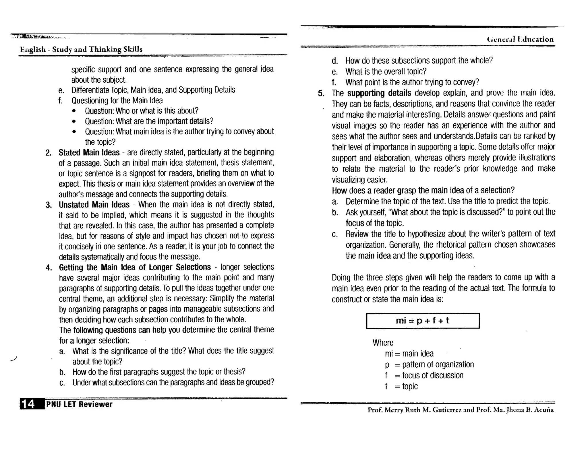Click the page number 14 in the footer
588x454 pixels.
point(29,404)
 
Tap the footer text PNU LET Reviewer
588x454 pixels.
point(79,404)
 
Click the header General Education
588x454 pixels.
point(520,39)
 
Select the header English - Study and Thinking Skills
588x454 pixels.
point(81,49)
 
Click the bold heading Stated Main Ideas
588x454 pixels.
point(89,152)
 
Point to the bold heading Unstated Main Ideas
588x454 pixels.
point(94,205)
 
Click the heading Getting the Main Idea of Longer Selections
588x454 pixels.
point(135,267)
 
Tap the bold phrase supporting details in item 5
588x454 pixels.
point(379,93)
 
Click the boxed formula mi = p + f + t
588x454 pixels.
point(423,321)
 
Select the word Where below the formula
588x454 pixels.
point(383,343)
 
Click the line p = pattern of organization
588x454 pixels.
point(429,364)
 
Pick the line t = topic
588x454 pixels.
point(401,386)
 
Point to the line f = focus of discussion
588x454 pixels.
point(424,375)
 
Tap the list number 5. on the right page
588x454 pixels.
point(321,93)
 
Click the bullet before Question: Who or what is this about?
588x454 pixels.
point(74,111)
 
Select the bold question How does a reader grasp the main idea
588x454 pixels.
point(423,190)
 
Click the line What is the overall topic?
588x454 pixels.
point(386,71)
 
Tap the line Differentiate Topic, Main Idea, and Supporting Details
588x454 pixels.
point(153,90)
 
